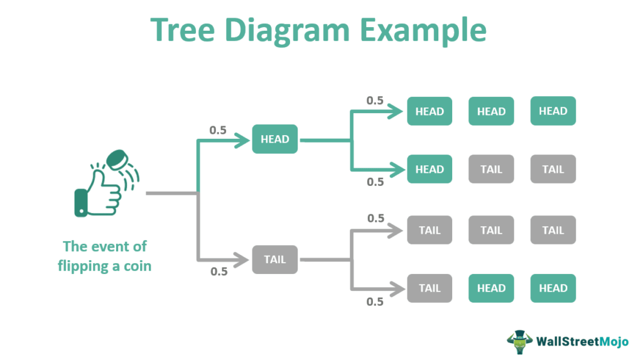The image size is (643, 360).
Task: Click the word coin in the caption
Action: point(137,266)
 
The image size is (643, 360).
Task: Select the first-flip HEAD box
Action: point(275,139)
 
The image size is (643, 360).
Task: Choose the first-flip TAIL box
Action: point(275,259)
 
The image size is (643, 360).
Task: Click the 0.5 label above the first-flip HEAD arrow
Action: point(218,130)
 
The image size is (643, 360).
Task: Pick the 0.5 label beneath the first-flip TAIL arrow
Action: point(218,272)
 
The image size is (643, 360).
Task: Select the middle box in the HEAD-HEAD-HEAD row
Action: point(491,111)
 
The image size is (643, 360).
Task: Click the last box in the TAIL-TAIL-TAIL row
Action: point(553,230)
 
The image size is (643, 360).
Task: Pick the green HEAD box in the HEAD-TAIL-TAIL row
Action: point(430,169)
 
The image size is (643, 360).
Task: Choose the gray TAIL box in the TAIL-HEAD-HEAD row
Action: point(430,288)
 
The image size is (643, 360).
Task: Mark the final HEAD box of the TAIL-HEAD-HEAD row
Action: point(553,288)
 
